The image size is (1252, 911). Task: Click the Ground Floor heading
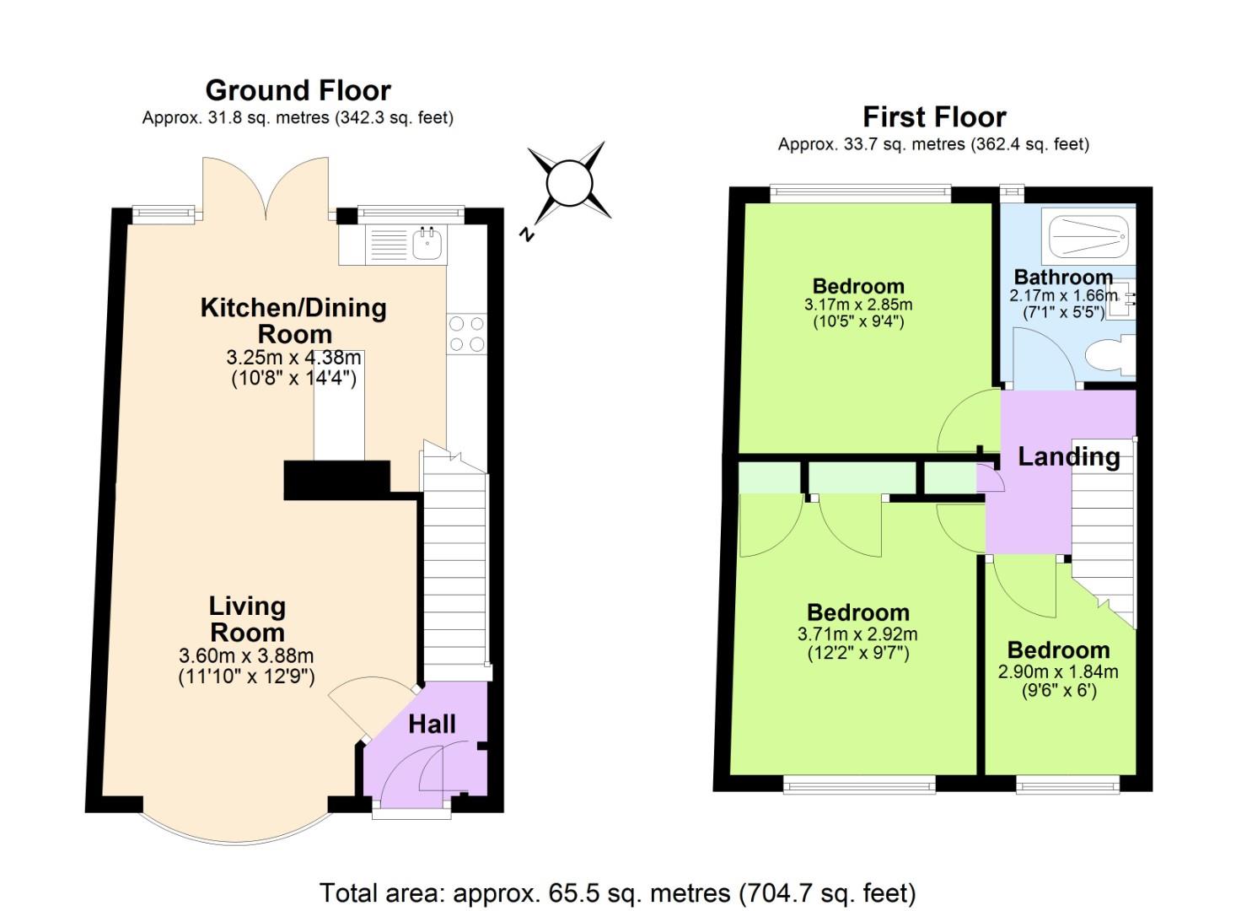click(x=298, y=90)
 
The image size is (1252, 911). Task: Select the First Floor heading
click(x=934, y=116)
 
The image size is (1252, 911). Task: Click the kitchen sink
click(x=428, y=245)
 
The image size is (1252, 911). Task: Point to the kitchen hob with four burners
click(x=466, y=333)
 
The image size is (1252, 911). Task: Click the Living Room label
click(x=247, y=619)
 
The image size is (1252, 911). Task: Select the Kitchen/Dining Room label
click(x=293, y=321)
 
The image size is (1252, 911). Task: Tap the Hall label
click(x=432, y=724)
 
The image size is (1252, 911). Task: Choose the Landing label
click(x=1068, y=456)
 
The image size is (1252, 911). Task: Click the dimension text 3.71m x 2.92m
click(x=857, y=634)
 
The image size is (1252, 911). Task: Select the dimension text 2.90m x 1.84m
click(x=1058, y=672)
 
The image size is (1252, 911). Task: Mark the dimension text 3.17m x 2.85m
click(x=857, y=305)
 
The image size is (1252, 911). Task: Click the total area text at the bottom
click(x=617, y=892)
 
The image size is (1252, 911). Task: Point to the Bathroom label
click(x=1063, y=277)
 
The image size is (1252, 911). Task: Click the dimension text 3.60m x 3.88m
click(x=246, y=655)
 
